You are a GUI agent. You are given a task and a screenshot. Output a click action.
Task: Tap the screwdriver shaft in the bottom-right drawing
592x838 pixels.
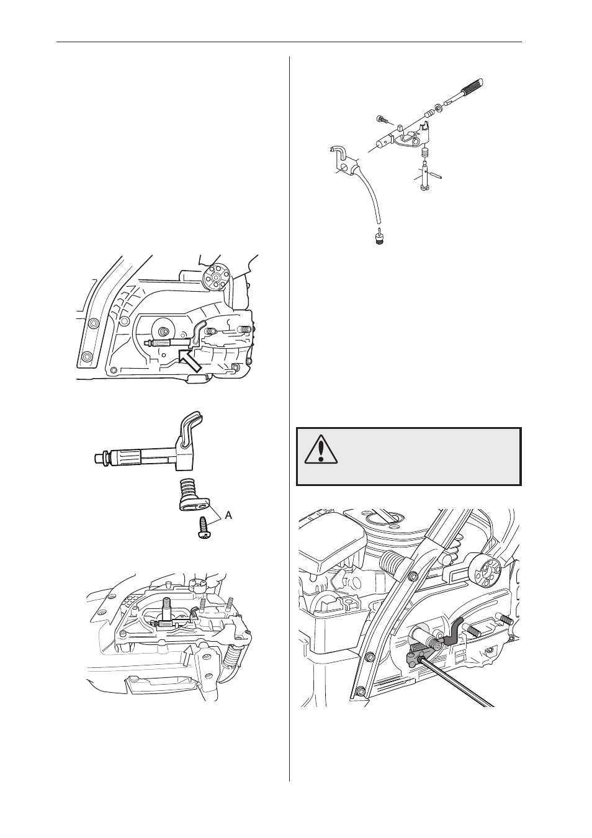459,683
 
